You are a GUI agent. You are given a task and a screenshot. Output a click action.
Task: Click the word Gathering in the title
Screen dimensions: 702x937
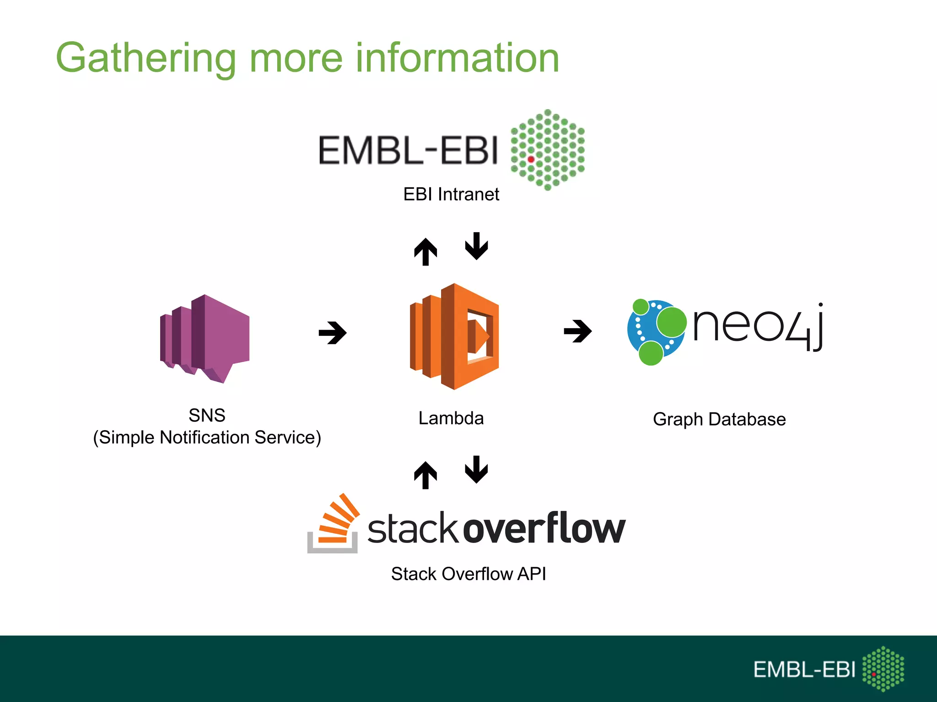tap(145, 58)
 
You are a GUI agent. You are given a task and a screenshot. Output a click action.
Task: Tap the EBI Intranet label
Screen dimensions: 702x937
tap(451, 194)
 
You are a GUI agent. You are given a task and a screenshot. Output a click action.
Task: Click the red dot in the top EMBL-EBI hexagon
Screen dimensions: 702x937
tap(531, 160)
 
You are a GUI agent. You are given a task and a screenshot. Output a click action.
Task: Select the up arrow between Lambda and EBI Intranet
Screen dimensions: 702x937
tap(425, 252)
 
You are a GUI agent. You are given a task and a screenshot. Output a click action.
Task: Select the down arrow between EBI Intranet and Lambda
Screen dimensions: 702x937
tap(476, 246)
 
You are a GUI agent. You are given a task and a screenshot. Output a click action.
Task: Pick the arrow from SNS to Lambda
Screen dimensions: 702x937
tap(333, 333)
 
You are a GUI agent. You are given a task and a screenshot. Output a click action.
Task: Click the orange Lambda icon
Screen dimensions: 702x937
tap(454, 336)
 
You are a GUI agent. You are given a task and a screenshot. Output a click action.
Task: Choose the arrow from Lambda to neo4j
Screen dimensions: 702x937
tap(577, 331)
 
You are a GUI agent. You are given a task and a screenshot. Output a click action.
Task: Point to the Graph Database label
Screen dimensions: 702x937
tap(719, 419)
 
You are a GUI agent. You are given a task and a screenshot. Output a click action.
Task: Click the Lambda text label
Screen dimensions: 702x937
tap(451, 418)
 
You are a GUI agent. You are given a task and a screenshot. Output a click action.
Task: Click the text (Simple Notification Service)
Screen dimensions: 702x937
tap(207, 437)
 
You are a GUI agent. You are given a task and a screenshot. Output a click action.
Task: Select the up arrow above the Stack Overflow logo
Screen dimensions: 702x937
tap(425, 475)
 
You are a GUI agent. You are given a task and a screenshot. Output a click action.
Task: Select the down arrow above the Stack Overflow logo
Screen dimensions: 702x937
tap(476, 469)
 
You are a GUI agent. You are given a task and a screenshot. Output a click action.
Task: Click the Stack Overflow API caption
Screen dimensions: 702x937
tap(468, 574)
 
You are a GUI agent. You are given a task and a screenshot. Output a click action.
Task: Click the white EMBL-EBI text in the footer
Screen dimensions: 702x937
tap(804, 670)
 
